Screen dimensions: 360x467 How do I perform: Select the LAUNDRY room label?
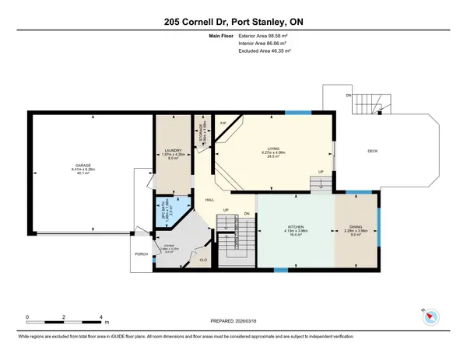pyautogui.click(x=173, y=152)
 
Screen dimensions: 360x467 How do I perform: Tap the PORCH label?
pyautogui.click(x=140, y=254)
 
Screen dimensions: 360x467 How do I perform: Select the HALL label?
pyautogui.click(x=209, y=200)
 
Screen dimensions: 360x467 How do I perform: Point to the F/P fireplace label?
pyautogui.click(x=222, y=124)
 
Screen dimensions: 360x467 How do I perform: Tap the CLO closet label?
pyautogui.click(x=203, y=260)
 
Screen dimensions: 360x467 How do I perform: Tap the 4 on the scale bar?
pyautogui.click(x=102, y=317)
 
